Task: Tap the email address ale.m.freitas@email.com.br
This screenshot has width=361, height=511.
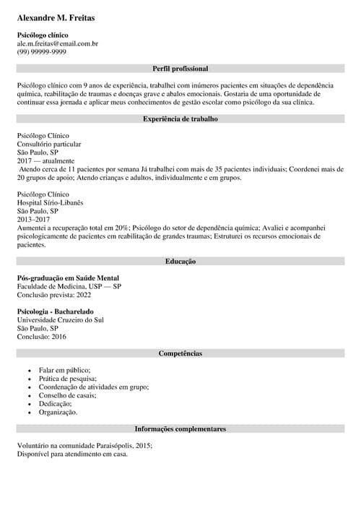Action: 58,43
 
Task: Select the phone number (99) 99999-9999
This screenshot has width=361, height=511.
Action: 42,52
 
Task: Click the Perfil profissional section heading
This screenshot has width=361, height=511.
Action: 180,69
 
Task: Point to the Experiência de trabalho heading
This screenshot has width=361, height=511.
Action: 180,118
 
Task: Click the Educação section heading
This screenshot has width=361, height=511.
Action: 180,261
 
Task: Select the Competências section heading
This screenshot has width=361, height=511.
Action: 180,353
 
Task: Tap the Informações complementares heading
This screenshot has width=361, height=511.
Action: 180,429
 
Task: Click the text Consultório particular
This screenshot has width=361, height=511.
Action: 48,145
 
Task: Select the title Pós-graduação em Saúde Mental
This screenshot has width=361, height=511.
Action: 68,278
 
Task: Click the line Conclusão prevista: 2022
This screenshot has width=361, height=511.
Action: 54,294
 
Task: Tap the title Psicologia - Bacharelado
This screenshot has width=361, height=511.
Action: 55,312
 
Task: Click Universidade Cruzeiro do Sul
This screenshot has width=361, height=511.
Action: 60,319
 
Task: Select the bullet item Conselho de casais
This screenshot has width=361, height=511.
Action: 67,395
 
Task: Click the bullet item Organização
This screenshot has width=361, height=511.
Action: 58,412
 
